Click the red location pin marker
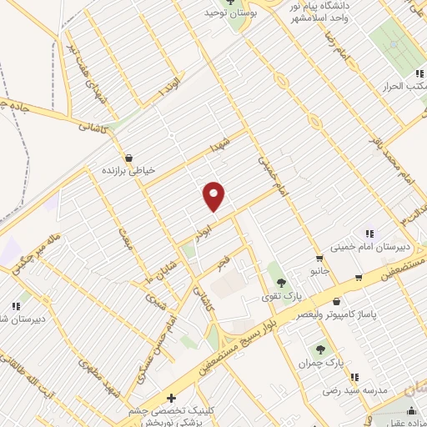pyautogui.click(x=214, y=195)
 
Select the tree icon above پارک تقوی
pyautogui.click(x=281, y=282)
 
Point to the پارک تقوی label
pyautogui.click(x=281, y=296)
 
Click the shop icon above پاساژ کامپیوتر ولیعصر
pyautogui.click(x=336, y=302)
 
